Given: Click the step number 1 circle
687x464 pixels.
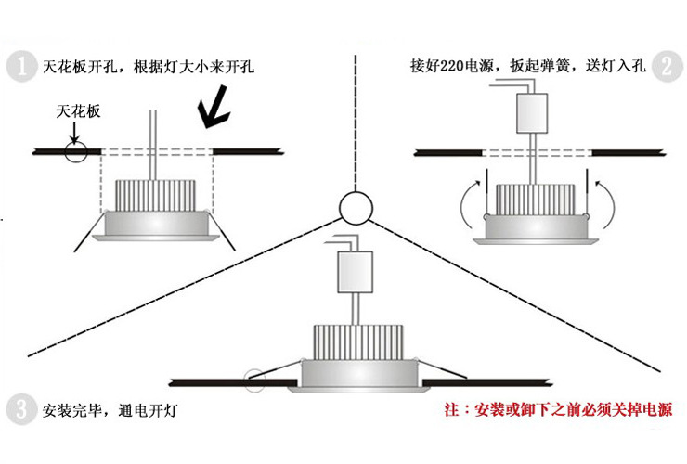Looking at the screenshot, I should (19, 67).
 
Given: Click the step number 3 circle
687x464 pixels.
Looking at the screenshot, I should (19, 408).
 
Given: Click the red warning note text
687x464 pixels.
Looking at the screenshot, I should (558, 409).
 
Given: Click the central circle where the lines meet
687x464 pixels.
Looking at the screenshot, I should (355, 208).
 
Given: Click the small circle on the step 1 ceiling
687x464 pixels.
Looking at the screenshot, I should (77, 151).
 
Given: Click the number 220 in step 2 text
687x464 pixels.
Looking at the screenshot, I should (457, 67).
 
